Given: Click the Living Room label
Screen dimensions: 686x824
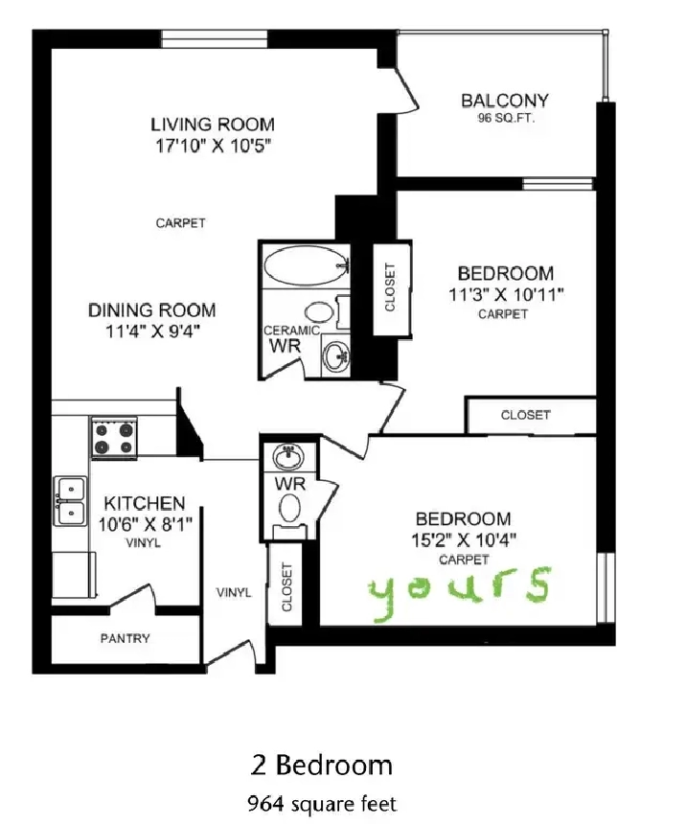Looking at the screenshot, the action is (213, 125).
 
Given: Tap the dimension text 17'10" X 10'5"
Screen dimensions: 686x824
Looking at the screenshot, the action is (213, 146).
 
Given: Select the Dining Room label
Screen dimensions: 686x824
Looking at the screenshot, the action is (152, 310).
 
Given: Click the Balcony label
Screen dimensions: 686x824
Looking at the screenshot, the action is (505, 101).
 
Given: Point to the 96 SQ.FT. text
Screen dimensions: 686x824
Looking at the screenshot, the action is (506, 118).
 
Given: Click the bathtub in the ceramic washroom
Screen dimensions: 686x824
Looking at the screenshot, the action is (306, 266).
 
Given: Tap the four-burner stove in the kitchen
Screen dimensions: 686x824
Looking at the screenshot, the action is (114, 438).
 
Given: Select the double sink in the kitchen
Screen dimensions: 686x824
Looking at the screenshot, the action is (70, 501).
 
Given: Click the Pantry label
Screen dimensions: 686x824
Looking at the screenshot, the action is (126, 638).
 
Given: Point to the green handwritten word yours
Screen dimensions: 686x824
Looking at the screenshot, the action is (460, 593).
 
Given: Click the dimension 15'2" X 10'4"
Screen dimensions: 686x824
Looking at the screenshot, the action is (463, 539).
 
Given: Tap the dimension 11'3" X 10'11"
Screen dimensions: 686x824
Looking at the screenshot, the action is (506, 294).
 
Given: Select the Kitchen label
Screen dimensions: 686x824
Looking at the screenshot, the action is (145, 503).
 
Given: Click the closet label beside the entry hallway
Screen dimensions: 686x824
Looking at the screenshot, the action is (286, 587).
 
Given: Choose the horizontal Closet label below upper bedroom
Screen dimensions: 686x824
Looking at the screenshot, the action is (526, 415).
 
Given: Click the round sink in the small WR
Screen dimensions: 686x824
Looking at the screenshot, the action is (288, 457).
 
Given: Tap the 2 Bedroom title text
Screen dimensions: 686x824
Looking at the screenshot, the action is (322, 766).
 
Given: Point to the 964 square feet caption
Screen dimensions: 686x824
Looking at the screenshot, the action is (322, 804).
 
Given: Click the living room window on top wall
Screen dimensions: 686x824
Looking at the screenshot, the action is (214, 39).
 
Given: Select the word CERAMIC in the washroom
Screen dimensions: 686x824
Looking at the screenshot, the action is (291, 331).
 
